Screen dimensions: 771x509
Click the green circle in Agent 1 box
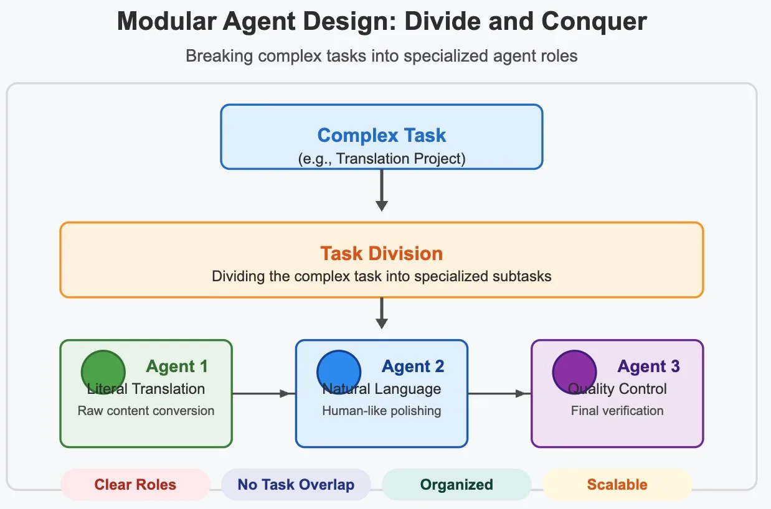[103, 372]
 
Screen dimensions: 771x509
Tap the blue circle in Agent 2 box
[339, 372]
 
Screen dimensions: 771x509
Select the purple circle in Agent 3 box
[574, 372]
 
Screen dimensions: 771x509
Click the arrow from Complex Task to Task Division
[381, 190]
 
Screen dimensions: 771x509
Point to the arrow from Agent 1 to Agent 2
[263, 393]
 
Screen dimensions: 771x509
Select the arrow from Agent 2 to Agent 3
[499, 393]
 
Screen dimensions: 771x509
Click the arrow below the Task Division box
[381, 313]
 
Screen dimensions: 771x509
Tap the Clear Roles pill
[135, 484]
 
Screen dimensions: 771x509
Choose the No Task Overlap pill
[296, 484]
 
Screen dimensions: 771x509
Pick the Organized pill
[456, 484]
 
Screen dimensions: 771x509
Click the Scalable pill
[618, 484]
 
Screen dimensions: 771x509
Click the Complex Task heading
[382, 135]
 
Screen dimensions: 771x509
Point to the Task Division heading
[382, 253]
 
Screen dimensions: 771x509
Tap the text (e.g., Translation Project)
[382, 159]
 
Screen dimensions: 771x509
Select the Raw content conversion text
[146, 411]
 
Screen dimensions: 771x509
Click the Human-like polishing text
[382, 411]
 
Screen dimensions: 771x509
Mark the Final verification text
[617, 411]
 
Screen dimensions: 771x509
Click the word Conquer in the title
[594, 22]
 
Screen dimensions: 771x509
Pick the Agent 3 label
[649, 367]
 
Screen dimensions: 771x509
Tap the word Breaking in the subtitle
[219, 56]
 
